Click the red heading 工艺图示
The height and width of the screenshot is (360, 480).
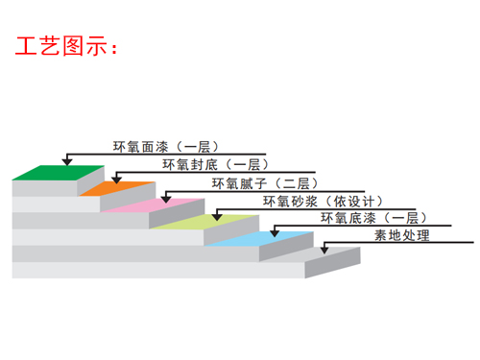(65, 45)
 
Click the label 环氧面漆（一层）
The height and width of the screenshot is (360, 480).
(161, 147)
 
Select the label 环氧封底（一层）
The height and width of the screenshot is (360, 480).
(211, 164)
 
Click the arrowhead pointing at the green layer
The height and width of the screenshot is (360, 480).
(67, 163)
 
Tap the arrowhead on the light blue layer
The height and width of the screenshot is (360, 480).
(275, 233)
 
